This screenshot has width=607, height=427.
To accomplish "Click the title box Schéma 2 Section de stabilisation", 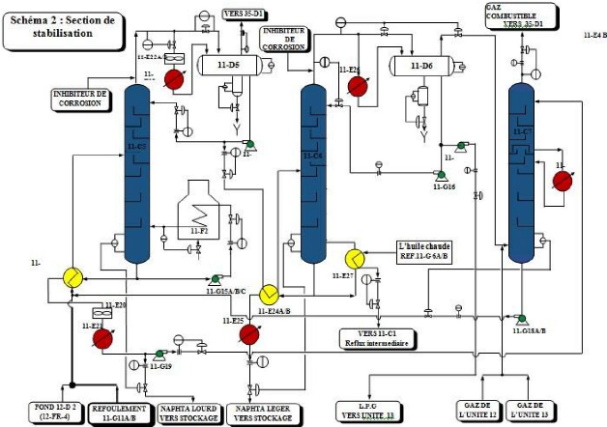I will click(x=64, y=26).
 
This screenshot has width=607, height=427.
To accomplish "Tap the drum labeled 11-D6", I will click(x=421, y=66).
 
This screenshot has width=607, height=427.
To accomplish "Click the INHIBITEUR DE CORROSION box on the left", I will click(x=82, y=98).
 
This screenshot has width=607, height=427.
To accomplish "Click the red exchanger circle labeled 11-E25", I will click(x=249, y=333).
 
